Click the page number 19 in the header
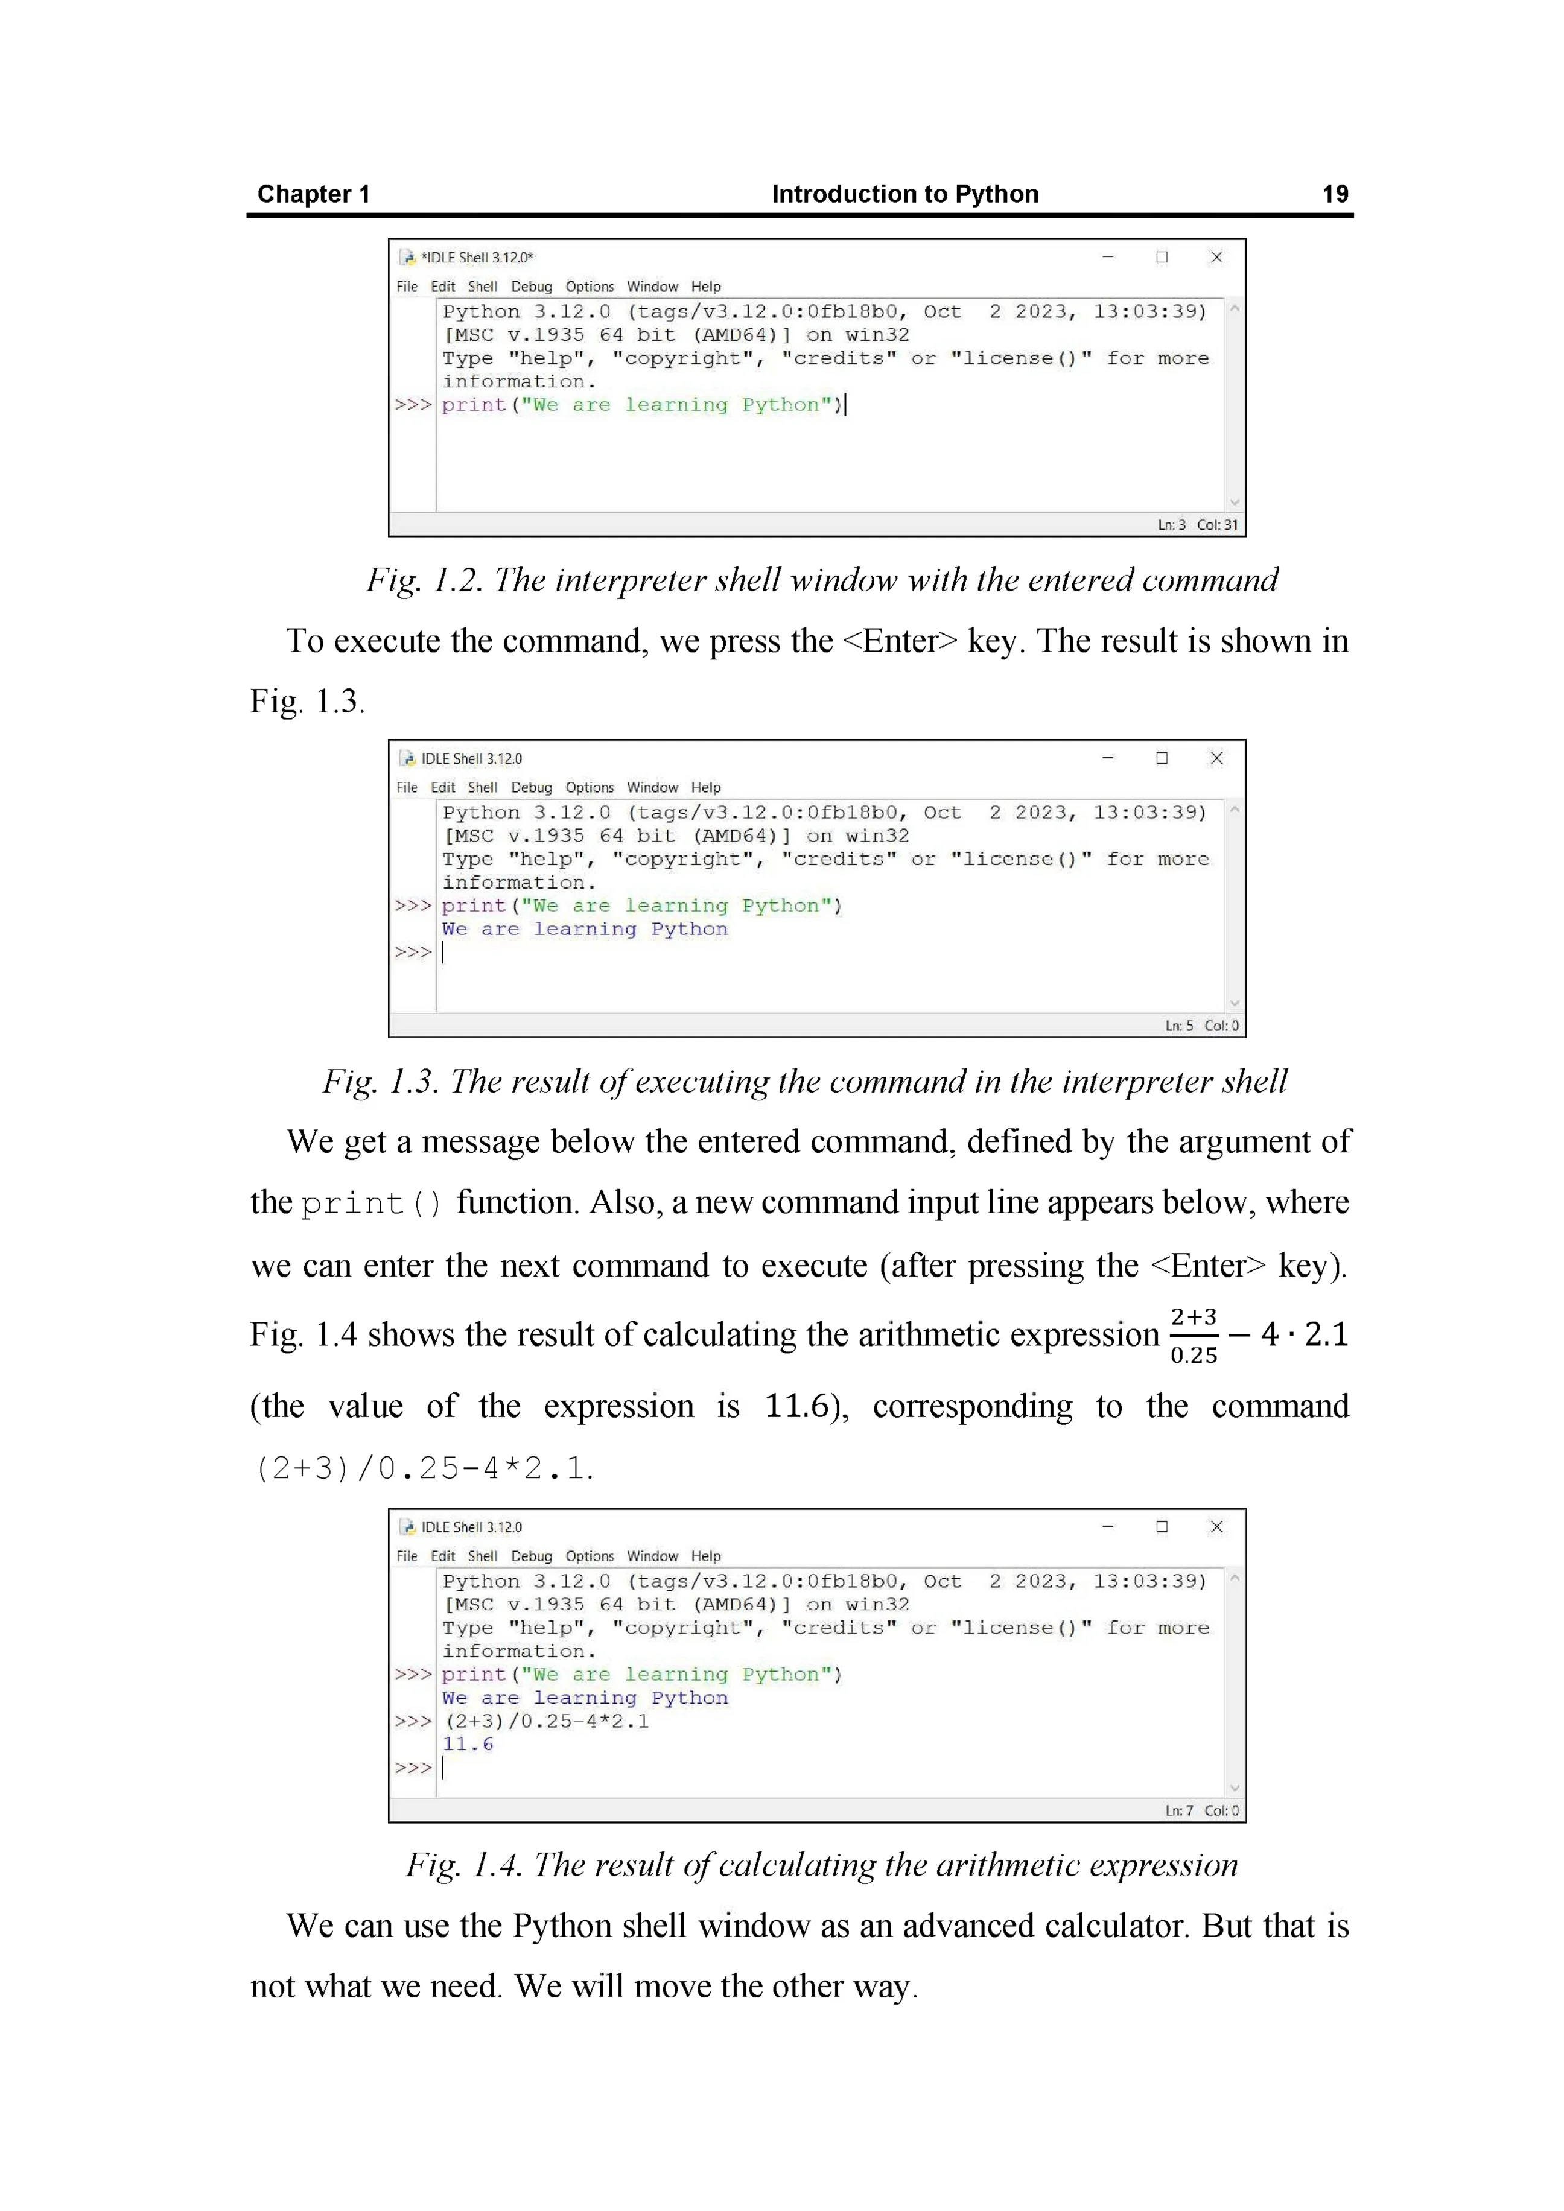point(1335,194)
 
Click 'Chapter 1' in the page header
point(313,194)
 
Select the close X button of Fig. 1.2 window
point(1216,257)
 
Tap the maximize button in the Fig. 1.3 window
point(1162,758)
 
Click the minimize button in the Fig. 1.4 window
point(1107,1526)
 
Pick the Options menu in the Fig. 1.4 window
point(590,1556)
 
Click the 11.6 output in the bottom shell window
point(468,1745)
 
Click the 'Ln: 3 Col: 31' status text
point(1198,525)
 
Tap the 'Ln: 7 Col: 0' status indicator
point(1202,1810)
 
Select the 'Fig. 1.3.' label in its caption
point(380,1082)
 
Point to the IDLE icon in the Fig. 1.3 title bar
point(408,759)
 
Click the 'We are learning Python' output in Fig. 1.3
point(585,929)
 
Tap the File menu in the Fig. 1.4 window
point(407,1556)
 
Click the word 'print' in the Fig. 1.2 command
point(474,405)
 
